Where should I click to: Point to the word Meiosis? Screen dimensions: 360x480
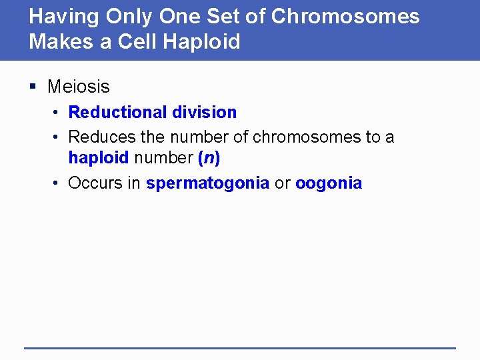click(79, 87)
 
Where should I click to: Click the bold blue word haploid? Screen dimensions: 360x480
click(99, 158)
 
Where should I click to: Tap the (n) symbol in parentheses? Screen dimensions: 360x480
click(209, 158)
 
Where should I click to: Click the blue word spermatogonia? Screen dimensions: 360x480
click(208, 184)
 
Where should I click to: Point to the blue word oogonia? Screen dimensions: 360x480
click(329, 184)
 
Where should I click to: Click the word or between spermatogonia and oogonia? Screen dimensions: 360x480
click(283, 184)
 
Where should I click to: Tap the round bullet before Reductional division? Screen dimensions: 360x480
click(58, 113)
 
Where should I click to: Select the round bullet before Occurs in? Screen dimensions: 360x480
click(58, 183)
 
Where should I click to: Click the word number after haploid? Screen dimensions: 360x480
click(163, 158)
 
